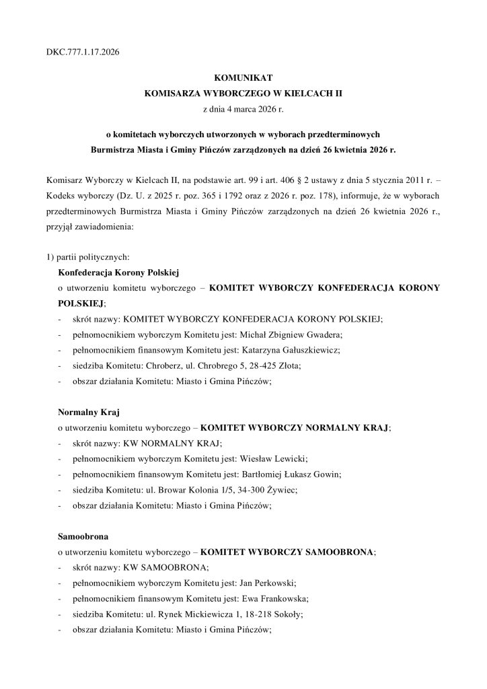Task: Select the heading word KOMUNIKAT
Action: [243, 79]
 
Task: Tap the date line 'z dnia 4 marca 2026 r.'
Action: [243, 108]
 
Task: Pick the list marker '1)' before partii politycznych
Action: [44, 256]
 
